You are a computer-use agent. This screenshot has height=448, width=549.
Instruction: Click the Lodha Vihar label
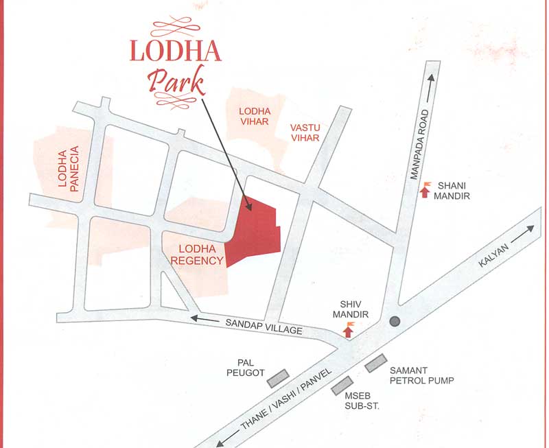point(255,117)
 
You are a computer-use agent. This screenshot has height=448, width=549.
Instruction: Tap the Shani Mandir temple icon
point(425,191)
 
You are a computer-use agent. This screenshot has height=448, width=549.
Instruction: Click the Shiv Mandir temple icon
point(349,331)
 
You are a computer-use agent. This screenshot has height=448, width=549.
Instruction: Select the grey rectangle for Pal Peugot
point(277,377)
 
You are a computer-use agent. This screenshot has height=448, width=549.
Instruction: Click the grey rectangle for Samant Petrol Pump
point(376,364)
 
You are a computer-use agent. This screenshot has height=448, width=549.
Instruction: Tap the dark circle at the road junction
point(395,321)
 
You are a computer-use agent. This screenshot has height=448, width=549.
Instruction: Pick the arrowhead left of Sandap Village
point(196,318)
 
